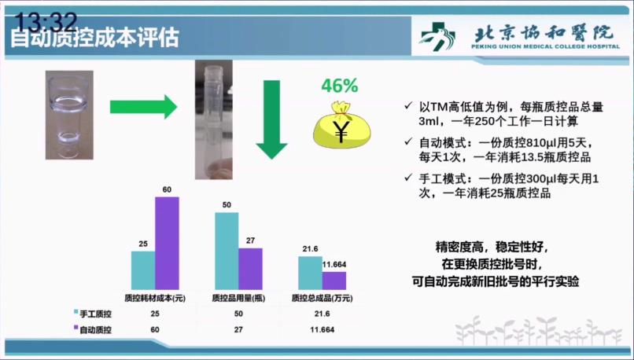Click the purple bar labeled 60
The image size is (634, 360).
click(167, 243)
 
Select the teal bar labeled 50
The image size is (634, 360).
click(227, 251)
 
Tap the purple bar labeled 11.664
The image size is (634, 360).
click(334, 281)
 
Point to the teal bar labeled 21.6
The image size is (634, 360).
click(310, 273)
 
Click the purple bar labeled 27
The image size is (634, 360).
click(250, 269)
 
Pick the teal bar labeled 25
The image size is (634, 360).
click(143, 270)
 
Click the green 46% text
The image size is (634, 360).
click(340, 86)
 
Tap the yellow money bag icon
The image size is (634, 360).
click(341, 124)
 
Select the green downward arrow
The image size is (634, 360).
click(271, 119)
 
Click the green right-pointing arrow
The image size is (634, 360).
click(143, 107)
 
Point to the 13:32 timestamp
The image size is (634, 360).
click(46, 22)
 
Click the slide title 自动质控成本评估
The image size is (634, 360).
click(94, 38)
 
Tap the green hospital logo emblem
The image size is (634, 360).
click(437, 37)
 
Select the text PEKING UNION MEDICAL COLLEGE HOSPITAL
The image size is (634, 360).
click(545, 46)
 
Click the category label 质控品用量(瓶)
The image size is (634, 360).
click(238, 299)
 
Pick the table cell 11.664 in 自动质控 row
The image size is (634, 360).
click(323, 329)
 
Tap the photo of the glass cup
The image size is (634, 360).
click(69, 115)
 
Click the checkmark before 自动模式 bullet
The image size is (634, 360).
click(408, 142)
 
